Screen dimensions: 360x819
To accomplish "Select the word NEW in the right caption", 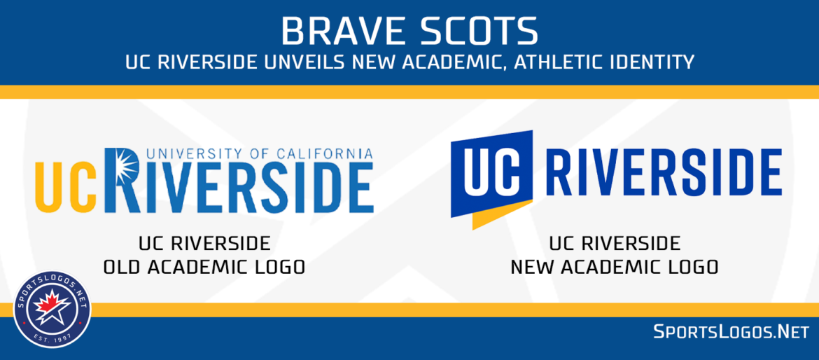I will (x=531, y=267).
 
